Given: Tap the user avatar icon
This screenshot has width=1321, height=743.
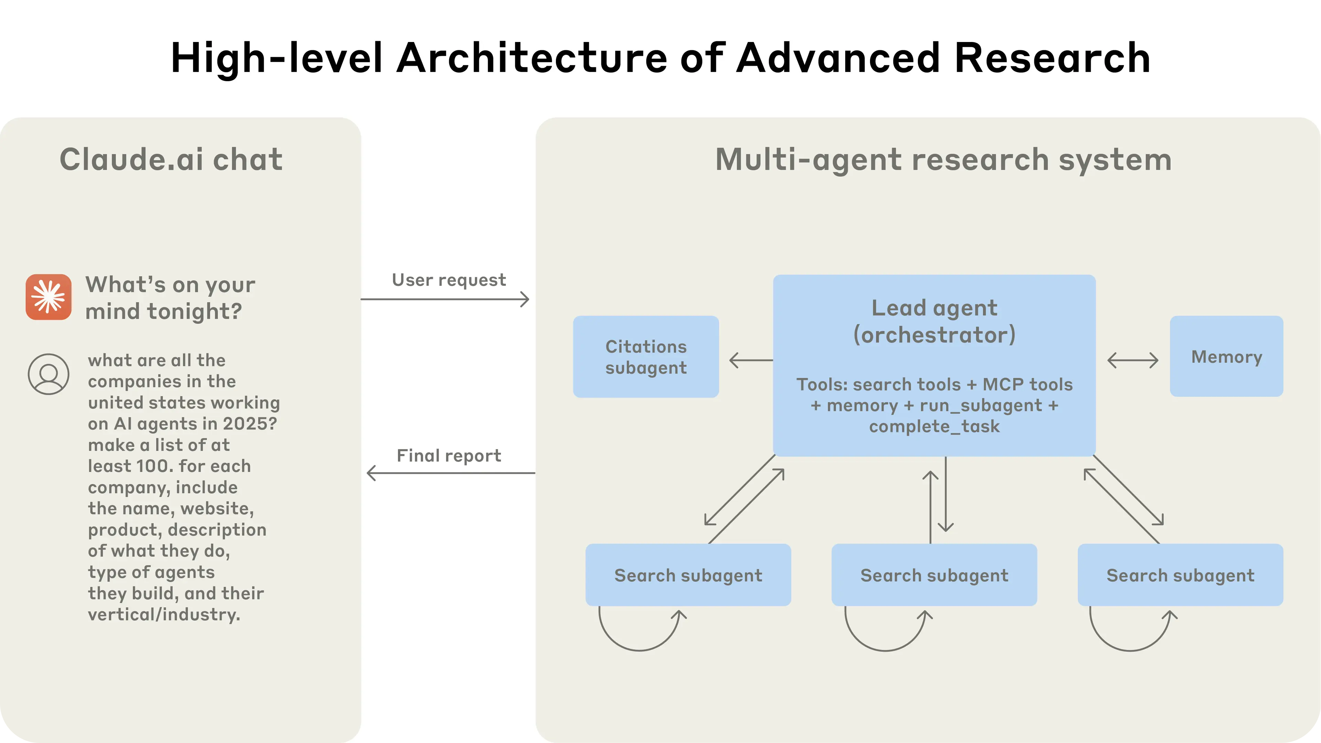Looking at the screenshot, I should (x=49, y=374).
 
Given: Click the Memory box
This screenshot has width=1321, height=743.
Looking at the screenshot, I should (x=1226, y=356).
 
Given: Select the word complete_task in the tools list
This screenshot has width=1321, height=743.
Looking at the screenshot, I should (x=934, y=426).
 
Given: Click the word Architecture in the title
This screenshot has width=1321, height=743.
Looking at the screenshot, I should (x=532, y=58).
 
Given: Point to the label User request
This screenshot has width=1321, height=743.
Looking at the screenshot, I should (x=449, y=280).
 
